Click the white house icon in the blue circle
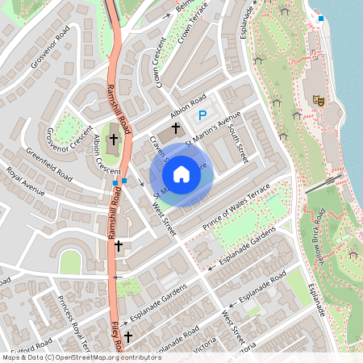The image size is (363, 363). (x=181, y=173)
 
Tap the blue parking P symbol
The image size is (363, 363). (x=202, y=116)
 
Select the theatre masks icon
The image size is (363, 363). (x=319, y=101)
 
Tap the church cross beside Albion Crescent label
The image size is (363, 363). (x=114, y=139)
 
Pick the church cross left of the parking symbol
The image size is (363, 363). (x=176, y=127)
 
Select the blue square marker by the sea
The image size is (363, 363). (x=321, y=18)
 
